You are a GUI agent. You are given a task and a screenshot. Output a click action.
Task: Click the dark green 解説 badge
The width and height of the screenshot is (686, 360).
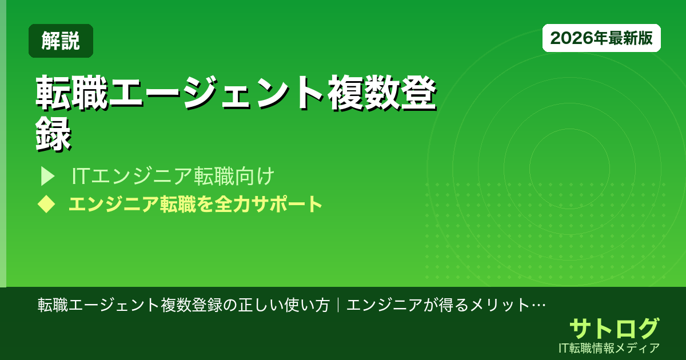click(61, 41)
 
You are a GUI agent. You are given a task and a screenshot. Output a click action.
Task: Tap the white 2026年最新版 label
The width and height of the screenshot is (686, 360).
click(601, 38)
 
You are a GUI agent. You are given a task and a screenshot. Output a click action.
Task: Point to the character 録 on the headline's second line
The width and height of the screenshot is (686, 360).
click(54, 135)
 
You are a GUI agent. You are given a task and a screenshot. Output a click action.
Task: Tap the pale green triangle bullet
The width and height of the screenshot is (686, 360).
click(47, 176)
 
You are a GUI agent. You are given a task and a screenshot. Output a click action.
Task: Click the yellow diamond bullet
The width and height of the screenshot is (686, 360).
click(45, 204)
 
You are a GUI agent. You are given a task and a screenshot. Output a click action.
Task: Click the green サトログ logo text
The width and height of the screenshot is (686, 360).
click(614, 328)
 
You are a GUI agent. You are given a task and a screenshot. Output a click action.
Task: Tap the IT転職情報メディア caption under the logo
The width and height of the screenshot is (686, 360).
click(610, 347)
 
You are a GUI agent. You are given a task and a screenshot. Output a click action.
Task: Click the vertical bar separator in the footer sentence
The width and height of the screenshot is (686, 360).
click(338, 305)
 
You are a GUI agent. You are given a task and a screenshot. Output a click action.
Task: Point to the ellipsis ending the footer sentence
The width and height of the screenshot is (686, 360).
click(539, 305)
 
